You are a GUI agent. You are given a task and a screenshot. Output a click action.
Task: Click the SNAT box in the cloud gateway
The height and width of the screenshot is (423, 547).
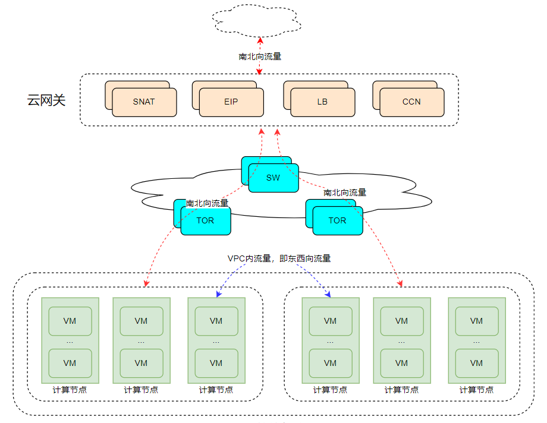[x=144, y=102]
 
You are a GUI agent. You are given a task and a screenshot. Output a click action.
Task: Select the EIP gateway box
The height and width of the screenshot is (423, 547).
[x=231, y=102]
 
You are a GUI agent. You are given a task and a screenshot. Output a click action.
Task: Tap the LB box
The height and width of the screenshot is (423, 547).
[x=322, y=102]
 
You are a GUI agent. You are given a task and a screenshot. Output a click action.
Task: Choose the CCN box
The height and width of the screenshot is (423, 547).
[x=411, y=102]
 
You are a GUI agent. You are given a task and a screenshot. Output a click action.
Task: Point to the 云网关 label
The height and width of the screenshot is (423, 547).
[x=46, y=100]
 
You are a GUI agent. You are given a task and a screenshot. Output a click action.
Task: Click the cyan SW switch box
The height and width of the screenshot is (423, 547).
[x=273, y=178]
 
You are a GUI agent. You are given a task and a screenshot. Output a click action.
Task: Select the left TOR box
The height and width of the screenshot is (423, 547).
[x=205, y=220]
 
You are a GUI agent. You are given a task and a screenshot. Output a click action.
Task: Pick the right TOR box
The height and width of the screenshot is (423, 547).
[x=337, y=220]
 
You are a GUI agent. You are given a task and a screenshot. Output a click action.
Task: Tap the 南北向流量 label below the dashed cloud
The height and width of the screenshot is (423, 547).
[x=260, y=56]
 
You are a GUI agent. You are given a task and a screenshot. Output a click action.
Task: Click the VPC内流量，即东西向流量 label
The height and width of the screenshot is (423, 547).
[x=279, y=258]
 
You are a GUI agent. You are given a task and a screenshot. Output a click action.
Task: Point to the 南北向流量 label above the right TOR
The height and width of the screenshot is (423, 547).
[x=345, y=192]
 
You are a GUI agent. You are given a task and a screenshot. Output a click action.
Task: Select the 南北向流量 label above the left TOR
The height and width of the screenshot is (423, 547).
[x=207, y=203]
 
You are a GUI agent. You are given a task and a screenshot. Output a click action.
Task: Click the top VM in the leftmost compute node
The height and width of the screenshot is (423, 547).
[x=70, y=321]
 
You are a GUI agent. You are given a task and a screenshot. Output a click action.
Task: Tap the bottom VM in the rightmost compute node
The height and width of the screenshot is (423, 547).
[x=476, y=363]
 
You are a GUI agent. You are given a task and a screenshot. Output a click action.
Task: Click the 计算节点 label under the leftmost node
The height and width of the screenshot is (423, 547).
[x=70, y=390]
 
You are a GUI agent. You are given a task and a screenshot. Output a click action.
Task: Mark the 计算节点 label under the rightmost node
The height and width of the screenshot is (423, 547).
[x=476, y=390]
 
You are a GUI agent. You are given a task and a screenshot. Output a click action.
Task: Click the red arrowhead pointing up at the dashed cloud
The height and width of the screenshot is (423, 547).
[x=260, y=40]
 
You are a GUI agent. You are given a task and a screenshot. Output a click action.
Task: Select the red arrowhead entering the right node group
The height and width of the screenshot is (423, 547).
[x=400, y=283]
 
